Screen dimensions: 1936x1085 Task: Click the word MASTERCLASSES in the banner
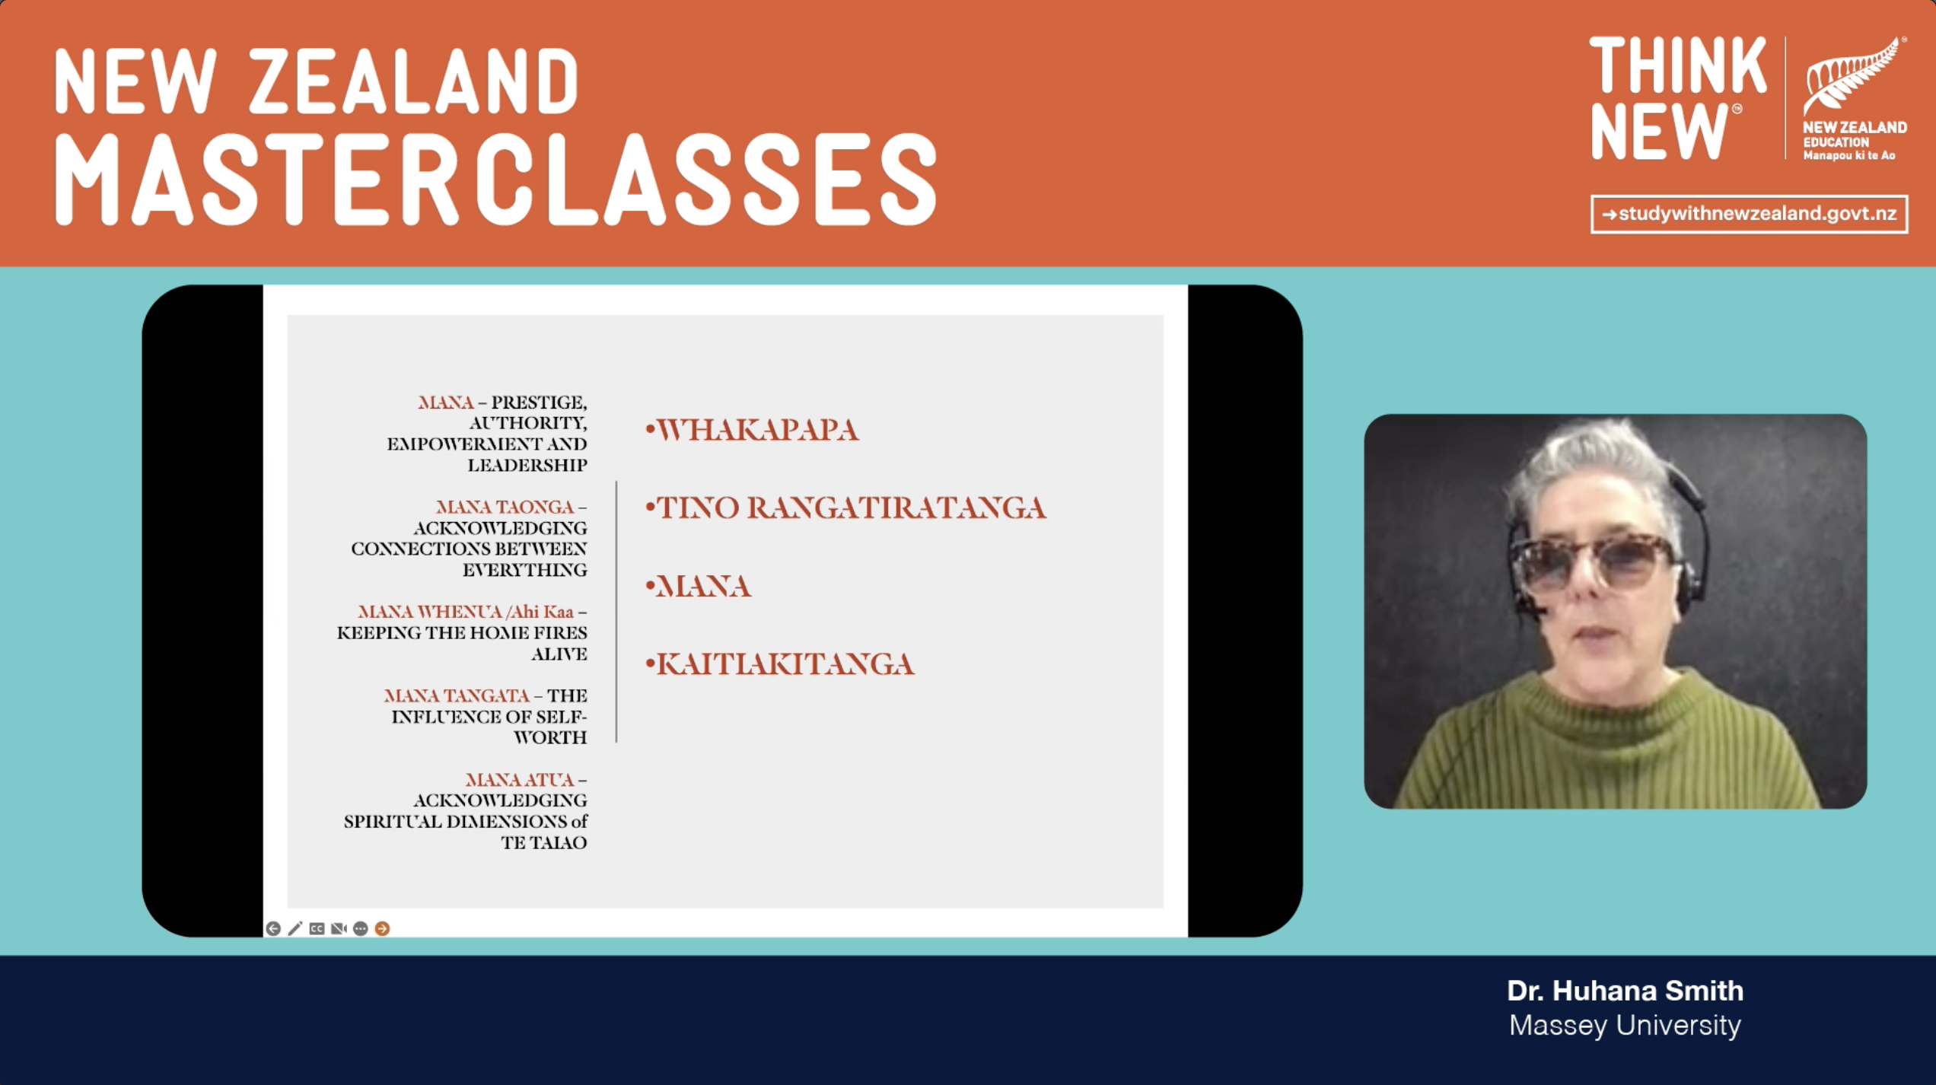tap(495, 180)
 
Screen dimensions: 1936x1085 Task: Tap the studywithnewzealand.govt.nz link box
tap(1749, 215)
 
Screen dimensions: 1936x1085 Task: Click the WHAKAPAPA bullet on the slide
tap(752, 431)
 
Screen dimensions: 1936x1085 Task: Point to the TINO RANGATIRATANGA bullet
tap(845, 508)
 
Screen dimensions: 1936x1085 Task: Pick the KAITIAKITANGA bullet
tap(779, 664)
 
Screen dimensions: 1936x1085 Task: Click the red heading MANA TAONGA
tap(505, 507)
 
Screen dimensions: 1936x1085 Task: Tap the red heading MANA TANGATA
tap(457, 695)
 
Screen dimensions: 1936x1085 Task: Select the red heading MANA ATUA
tap(520, 780)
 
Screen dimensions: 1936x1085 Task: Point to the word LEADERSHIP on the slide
tap(527, 465)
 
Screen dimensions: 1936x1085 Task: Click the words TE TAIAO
tap(544, 843)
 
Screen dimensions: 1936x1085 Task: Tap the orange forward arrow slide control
tap(383, 928)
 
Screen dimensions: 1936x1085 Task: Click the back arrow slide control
tap(273, 928)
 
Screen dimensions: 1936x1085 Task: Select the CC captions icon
tap(317, 928)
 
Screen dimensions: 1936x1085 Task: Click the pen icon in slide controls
tap(295, 928)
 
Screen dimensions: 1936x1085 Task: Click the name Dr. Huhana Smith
tap(1625, 991)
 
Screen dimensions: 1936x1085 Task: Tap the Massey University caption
tap(1625, 1026)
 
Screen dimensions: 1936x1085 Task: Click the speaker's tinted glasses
tap(1594, 564)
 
